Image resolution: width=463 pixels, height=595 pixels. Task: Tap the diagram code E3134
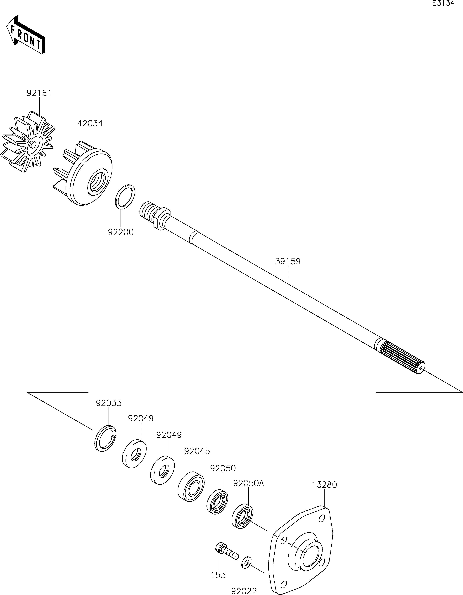pyautogui.click(x=443, y=4)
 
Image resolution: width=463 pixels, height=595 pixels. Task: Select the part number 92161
pyautogui.click(x=39, y=93)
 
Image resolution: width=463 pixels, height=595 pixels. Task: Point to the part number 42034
pyautogui.click(x=90, y=123)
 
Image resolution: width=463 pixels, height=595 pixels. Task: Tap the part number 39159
pyautogui.click(x=288, y=262)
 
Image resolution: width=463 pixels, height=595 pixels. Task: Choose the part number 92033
pyautogui.click(x=108, y=403)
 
